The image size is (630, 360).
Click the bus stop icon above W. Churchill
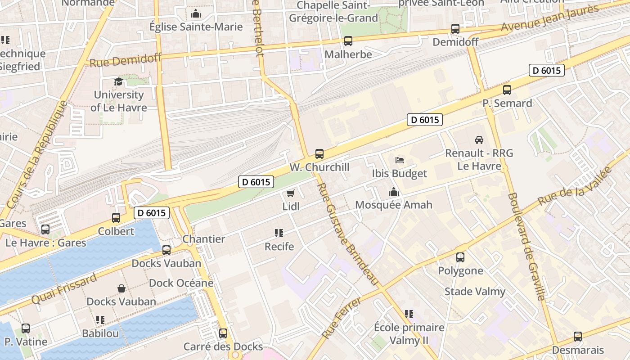[x=319, y=154]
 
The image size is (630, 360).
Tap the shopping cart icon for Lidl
[x=291, y=193]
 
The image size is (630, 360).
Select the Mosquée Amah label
[x=394, y=205]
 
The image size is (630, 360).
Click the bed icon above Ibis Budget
[x=400, y=160]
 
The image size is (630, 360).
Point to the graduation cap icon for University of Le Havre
[x=118, y=81]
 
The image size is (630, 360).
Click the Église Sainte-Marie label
[x=196, y=27]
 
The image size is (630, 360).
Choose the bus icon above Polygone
[x=460, y=257]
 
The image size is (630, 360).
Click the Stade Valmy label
[x=475, y=291]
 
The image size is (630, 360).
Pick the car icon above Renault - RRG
[x=479, y=139]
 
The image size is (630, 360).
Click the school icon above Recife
[x=279, y=233]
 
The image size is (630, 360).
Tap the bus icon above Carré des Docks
[x=223, y=333]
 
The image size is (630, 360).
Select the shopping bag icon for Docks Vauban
[x=121, y=288]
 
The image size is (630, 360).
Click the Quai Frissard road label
[x=64, y=288]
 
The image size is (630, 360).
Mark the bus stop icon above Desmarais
[x=578, y=337]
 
